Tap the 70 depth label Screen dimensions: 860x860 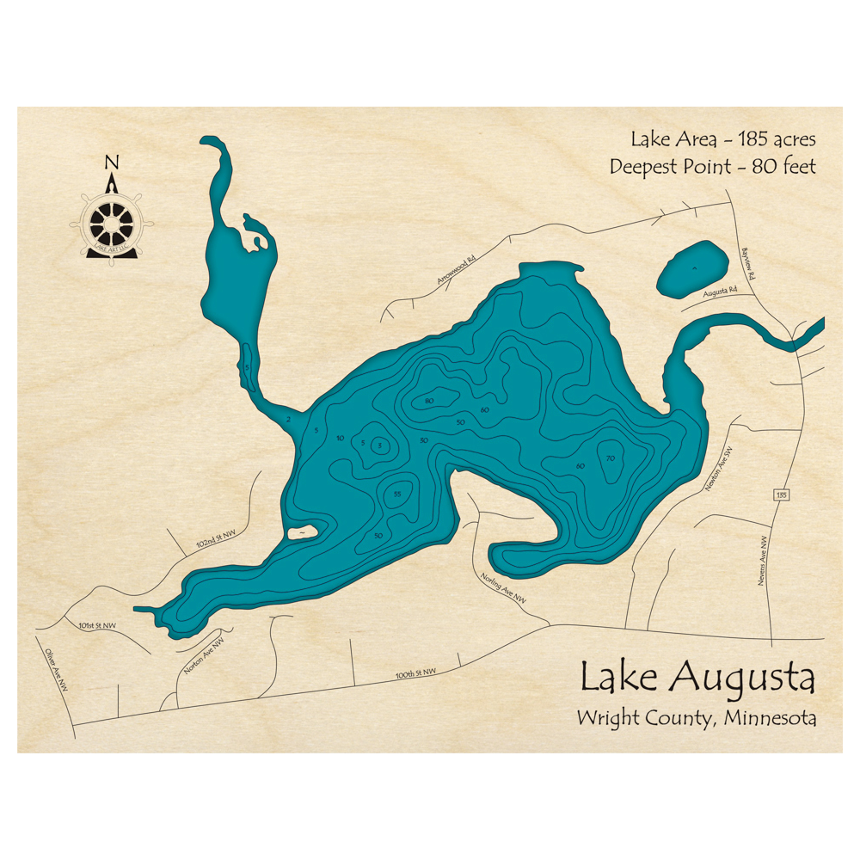(611, 458)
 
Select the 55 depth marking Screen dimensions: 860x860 (396, 494)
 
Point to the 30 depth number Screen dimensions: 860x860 (423, 440)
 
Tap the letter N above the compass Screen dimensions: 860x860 (111, 162)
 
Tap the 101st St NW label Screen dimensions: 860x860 (96, 625)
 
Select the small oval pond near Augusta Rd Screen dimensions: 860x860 (692, 267)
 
